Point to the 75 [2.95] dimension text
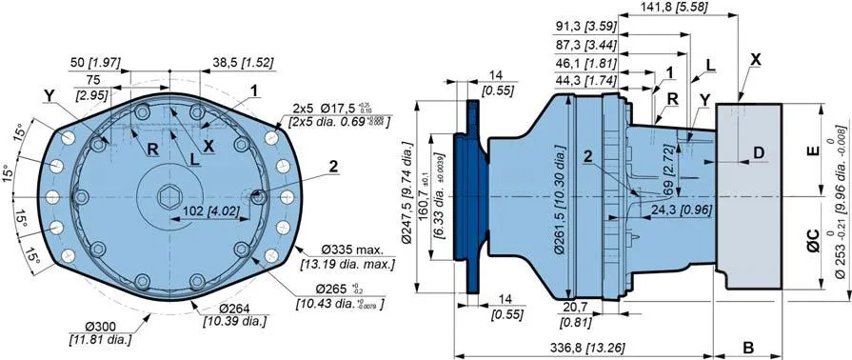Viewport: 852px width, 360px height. pyautogui.click(x=92, y=88)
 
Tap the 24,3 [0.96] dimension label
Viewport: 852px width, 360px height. pyautogui.click(x=672, y=235)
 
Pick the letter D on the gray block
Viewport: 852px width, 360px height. pyautogui.click(x=758, y=152)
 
